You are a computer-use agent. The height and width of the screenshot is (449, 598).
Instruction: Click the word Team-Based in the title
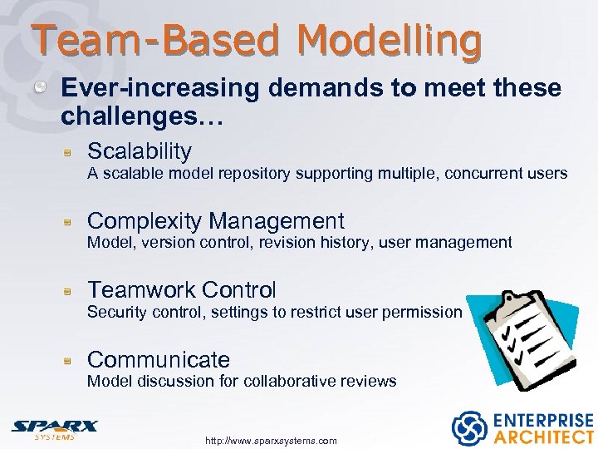(x=158, y=40)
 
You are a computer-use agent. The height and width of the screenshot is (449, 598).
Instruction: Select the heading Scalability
(x=140, y=151)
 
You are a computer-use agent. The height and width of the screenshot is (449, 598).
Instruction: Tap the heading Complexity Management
(x=215, y=221)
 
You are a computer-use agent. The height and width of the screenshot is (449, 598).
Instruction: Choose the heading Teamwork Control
(x=182, y=290)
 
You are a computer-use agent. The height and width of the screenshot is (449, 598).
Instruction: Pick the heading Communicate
(x=159, y=360)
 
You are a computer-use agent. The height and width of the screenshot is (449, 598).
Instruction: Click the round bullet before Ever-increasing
(x=50, y=88)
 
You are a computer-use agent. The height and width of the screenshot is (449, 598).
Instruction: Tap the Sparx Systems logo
(x=54, y=427)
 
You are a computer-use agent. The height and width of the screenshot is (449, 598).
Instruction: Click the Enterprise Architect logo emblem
(x=468, y=427)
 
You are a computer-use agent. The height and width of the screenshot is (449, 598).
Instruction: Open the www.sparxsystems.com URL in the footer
(x=271, y=441)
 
